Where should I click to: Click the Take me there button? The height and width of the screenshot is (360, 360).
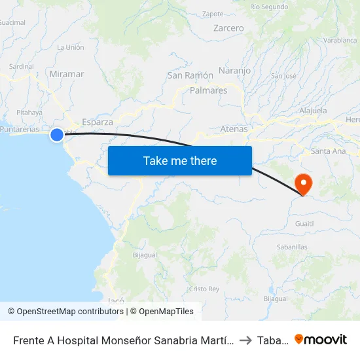coord(180,160)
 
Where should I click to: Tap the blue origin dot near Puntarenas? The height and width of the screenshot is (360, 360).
coord(57,135)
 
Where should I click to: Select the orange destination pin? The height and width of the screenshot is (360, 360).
coord(304,183)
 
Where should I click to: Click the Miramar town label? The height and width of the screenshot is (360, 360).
coord(67,74)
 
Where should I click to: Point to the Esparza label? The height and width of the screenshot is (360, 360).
coord(98,122)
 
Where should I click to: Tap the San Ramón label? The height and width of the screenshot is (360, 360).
coord(190,75)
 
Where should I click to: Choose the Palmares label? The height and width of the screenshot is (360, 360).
coord(208,90)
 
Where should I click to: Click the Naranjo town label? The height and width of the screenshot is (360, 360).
coord(234,70)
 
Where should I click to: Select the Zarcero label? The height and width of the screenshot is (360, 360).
coord(228,28)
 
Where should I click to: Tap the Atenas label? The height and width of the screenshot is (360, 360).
coord(234,129)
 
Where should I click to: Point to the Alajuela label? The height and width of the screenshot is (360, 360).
coord(313,111)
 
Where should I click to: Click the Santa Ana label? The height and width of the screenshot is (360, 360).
coord(329,151)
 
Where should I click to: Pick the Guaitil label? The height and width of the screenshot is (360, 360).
coord(305,223)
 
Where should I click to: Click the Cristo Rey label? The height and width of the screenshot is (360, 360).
coord(204,289)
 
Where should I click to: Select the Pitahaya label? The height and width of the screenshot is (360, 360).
coord(29,113)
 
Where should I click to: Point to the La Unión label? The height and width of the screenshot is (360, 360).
coord(71,47)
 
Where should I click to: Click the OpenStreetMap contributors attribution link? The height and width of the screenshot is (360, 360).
coord(70,312)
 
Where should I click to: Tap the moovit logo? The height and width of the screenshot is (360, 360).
coord(321,340)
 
